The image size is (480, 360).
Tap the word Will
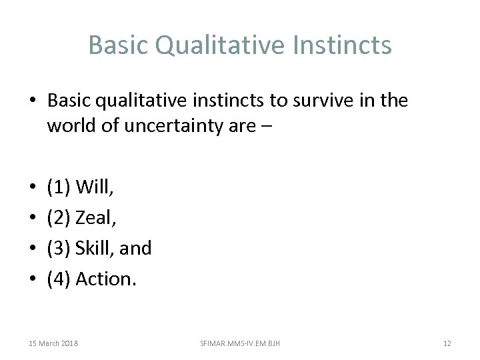(x=95, y=188)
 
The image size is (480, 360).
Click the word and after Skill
(x=137, y=248)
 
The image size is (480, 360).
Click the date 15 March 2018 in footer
(x=53, y=343)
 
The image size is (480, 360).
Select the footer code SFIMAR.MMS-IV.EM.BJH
(x=240, y=343)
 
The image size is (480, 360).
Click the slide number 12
(x=447, y=343)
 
